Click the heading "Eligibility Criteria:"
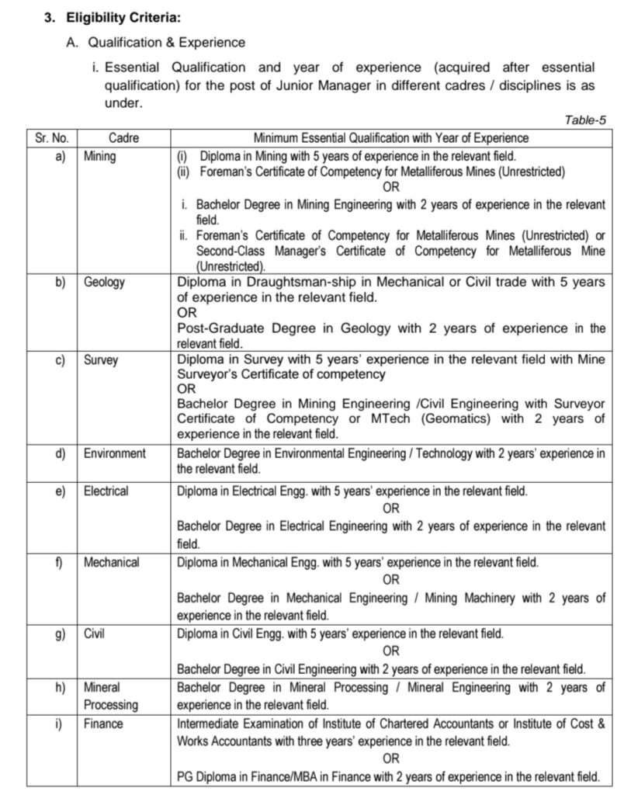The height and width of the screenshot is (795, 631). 122,16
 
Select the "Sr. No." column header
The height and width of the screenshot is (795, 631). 52,137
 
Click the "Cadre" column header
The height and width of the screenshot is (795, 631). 124,137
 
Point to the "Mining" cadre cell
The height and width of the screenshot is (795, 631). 100,156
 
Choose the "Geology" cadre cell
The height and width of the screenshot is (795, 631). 105,283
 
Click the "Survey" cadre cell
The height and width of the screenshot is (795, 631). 102,360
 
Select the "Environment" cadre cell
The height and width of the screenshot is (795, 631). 115,453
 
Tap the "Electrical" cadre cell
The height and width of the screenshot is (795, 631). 106,491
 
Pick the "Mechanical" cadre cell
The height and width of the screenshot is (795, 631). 112,562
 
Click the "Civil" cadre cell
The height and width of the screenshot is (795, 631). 95,634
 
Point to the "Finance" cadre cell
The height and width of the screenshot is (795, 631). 103,724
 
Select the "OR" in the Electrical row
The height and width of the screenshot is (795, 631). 391,509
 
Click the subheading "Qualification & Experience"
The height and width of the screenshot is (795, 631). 166,43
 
